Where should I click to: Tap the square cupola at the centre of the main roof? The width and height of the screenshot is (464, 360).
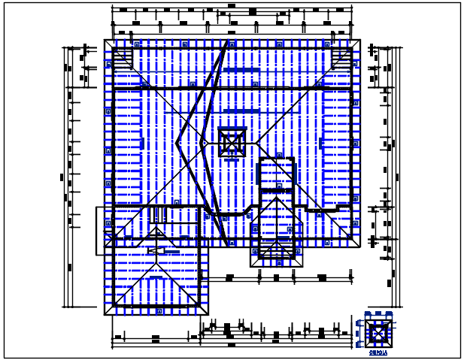232,141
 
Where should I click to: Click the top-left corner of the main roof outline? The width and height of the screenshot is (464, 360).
105,41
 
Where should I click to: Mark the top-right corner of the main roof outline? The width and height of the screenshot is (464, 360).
362,41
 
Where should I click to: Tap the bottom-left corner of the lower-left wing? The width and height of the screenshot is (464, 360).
105,313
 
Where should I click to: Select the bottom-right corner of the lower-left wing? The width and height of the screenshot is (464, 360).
208,313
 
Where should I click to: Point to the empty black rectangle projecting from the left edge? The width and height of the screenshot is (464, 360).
100,230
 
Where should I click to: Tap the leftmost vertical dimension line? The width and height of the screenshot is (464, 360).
63,177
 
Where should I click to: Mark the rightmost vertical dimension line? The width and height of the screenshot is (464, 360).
399,177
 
